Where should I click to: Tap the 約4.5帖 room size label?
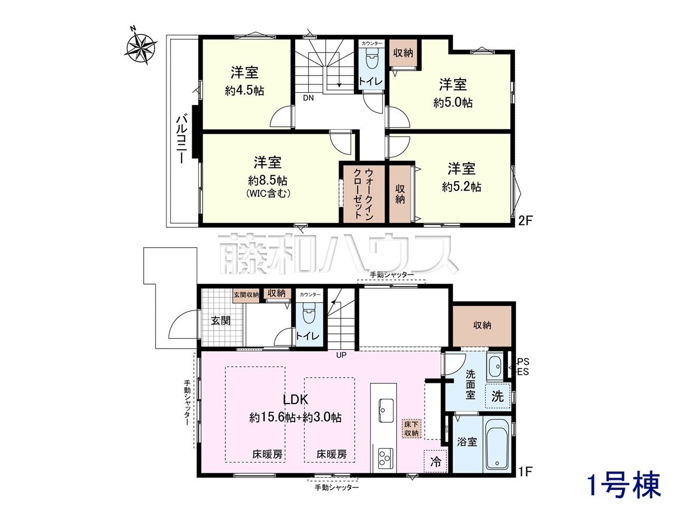245,90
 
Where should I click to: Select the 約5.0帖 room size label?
453,102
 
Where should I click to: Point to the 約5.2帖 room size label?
462,186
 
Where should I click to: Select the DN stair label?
308,98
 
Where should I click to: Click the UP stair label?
341,355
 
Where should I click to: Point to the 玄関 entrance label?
221,321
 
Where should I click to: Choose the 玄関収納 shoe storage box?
246,295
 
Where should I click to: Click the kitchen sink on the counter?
383,410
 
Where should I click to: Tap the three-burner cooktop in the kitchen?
383,459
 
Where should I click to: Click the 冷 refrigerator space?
435,461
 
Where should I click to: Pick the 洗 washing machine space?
497,397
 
